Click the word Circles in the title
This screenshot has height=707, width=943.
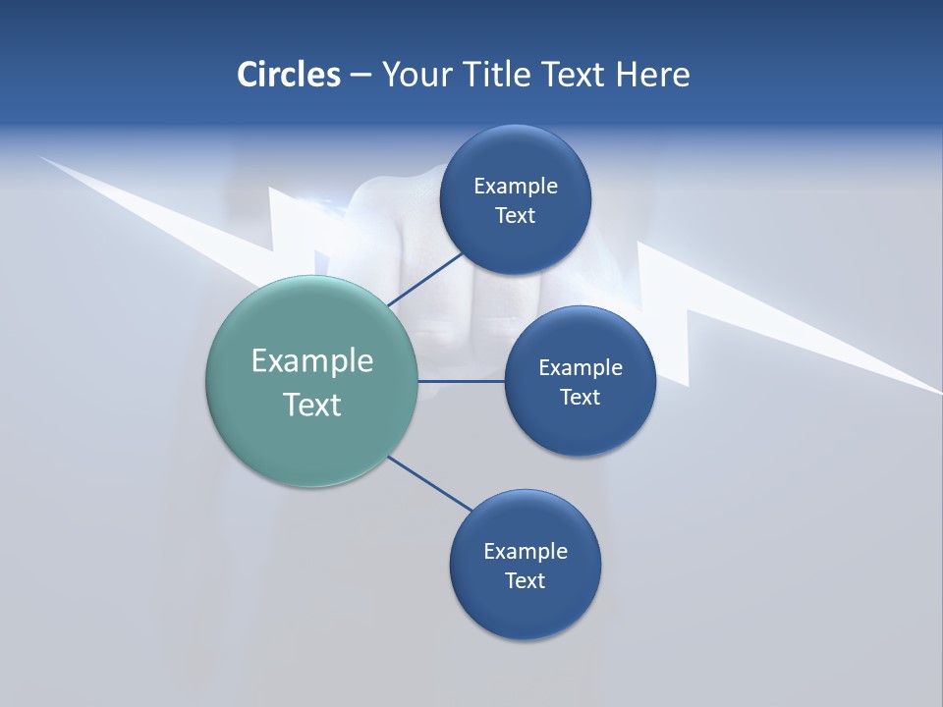[288, 75]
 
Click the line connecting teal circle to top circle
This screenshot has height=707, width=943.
[425, 280]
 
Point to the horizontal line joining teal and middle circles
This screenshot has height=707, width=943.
[462, 381]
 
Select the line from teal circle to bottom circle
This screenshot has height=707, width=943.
[430, 483]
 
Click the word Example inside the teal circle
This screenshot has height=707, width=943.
[312, 360]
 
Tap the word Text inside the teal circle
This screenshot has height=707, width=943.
[312, 405]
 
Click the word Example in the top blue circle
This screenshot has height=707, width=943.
[515, 186]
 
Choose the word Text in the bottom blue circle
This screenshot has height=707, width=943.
[525, 580]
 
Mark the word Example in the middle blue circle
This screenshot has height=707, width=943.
[581, 367]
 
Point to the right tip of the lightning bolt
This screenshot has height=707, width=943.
[937, 392]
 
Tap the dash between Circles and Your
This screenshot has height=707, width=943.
[361, 76]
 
